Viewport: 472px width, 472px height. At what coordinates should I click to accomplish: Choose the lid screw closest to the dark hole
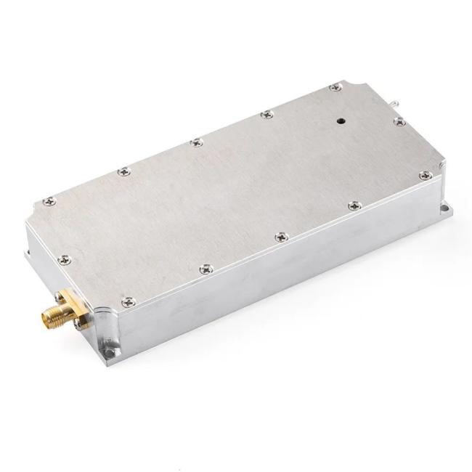point(334,88)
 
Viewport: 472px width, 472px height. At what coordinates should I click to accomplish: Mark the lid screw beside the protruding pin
point(398,122)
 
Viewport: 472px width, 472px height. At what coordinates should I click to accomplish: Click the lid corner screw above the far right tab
point(425,175)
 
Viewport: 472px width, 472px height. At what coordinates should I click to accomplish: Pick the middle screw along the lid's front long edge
point(280,237)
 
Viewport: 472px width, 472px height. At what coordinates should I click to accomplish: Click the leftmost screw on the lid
point(47,201)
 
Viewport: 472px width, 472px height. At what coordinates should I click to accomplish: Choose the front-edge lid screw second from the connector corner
point(206,269)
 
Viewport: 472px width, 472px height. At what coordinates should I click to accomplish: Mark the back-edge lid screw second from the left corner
point(123,171)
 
